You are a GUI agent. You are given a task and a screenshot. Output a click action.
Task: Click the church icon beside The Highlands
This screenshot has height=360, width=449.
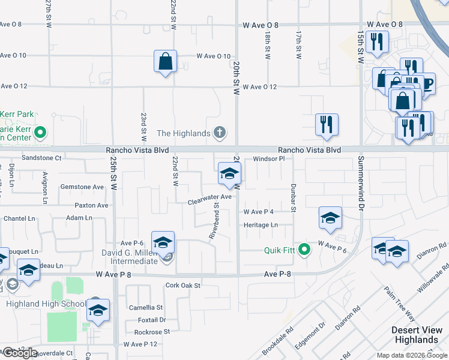220,133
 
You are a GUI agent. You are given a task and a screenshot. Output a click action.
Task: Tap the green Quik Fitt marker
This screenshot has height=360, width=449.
305,249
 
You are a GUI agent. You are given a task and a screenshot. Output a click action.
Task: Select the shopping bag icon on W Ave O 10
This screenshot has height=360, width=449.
165,62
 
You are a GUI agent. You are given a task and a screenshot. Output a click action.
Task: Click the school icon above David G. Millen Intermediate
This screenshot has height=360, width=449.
163,243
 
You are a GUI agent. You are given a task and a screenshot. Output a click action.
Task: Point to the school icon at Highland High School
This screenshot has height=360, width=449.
98,310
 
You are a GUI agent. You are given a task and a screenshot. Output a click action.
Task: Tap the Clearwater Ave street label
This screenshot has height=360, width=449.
209,197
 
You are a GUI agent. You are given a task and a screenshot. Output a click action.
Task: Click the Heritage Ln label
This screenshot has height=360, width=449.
261,225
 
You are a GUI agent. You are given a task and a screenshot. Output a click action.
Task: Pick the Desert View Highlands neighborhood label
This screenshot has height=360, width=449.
418,335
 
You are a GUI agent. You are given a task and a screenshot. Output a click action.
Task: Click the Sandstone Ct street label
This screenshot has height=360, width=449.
42,158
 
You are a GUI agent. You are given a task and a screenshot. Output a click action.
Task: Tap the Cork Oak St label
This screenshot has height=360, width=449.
183,286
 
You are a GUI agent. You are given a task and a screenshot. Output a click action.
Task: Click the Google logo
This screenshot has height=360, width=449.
20,353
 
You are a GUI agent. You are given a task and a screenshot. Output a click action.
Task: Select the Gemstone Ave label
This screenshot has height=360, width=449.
82,187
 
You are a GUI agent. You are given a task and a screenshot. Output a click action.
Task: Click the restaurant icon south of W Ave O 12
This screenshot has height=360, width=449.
327,125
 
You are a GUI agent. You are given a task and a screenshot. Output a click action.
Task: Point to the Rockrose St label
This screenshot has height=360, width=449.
152,331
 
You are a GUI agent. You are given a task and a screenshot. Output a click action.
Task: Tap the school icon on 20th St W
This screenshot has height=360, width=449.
229,174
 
